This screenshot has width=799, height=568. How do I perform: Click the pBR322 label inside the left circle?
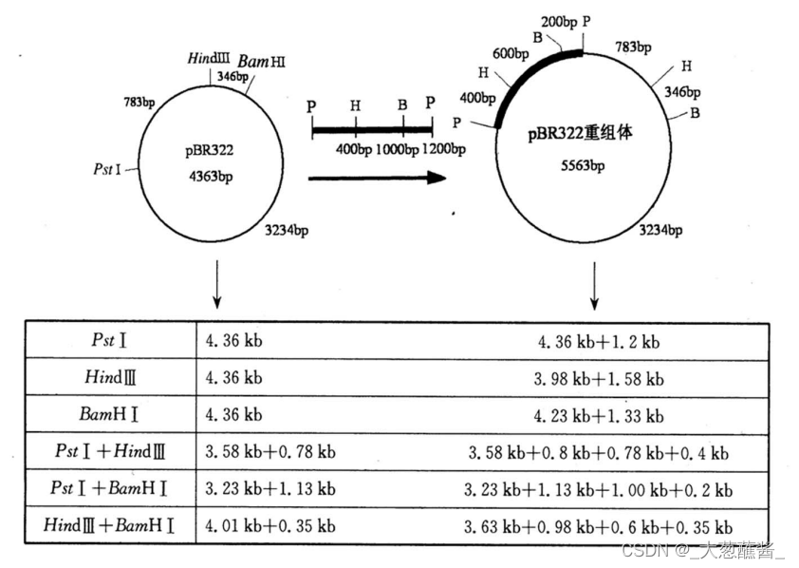pyautogui.click(x=210, y=150)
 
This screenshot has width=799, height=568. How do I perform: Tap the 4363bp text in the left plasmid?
pyautogui.click(x=210, y=177)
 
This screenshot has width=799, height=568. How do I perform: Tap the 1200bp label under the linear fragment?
pyautogui.click(x=445, y=149)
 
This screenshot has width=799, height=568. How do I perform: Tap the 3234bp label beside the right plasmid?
pyautogui.click(x=660, y=229)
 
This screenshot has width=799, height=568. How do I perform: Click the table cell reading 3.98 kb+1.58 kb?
pyautogui.click(x=599, y=379)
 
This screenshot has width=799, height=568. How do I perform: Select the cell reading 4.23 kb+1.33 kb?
pyautogui.click(x=599, y=416)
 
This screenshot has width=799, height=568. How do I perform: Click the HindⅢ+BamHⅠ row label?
pyautogui.click(x=110, y=525)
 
